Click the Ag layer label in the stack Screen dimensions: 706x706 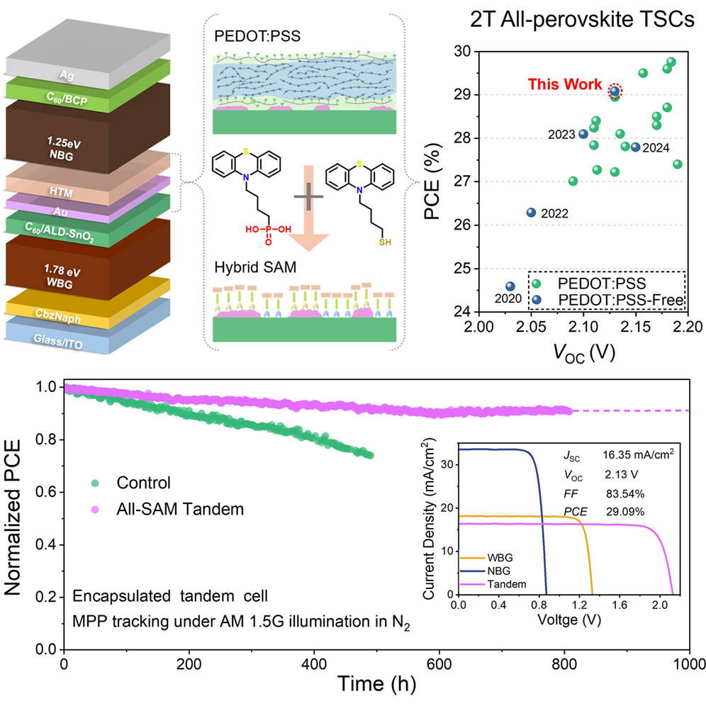tap(67, 75)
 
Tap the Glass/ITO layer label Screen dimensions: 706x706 tap(58, 341)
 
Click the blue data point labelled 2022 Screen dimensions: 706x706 tap(532, 213)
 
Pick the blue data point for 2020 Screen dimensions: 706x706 tap(510, 286)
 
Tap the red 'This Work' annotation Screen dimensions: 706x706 tap(565, 84)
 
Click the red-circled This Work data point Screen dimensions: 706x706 tap(615, 91)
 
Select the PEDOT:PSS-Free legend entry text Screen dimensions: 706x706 tap(621, 300)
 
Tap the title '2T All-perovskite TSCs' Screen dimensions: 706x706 tap(582, 20)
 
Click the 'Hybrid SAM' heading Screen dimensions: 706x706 tap(255, 267)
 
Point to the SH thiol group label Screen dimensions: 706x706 tap(385, 242)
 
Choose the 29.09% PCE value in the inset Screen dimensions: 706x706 tap(625, 512)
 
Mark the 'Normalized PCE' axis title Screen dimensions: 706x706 tap(12, 517)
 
